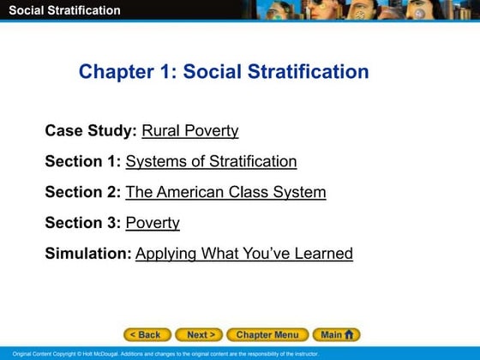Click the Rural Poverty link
click(x=189, y=131)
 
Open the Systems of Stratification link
click(x=211, y=161)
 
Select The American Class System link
click(x=225, y=192)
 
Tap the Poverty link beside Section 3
click(x=153, y=223)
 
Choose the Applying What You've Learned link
click(x=244, y=254)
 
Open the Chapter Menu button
click(x=267, y=335)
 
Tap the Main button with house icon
click(x=335, y=335)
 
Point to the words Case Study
click(x=90, y=131)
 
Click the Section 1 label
click(x=82, y=161)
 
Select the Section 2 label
click(x=82, y=192)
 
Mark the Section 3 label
click(x=82, y=223)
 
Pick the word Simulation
click(x=87, y=254)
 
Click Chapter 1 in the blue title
click(x=126, y=71)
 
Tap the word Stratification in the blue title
click(x=308, y=71)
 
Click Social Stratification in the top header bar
click(x=64, y=10)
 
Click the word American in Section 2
click(x=190, y=192)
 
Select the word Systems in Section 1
click(x=155, y=161)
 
